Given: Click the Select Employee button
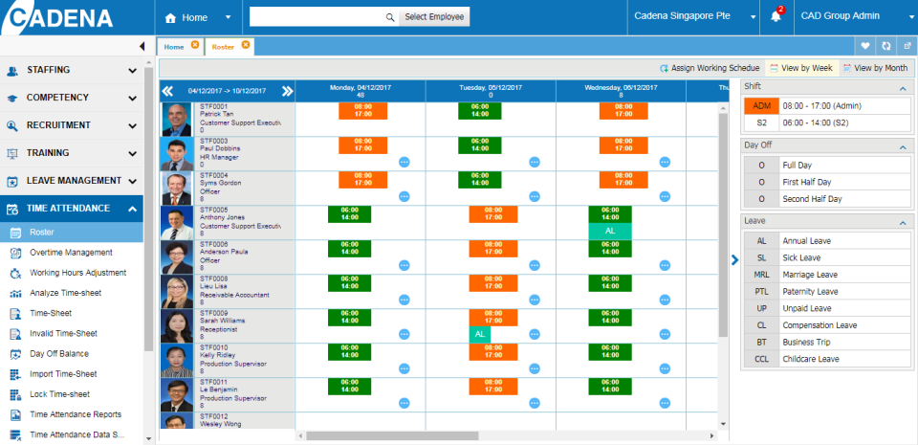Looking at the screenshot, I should click(433, 17).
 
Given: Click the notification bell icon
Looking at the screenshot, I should click(776, 17).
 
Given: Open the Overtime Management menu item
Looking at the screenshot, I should click(71, 253).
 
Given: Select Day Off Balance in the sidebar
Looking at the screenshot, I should click(59, 353).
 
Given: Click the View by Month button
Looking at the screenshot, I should click(875, 68).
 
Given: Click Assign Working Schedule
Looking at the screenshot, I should click(710, 68).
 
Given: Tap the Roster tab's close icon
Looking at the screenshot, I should click(246, 45).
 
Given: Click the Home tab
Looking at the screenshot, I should click(174, 46).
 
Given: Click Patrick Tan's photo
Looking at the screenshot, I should click(177, 119).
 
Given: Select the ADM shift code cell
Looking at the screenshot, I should click(761, 106).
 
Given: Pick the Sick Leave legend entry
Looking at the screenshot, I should click(801, 257).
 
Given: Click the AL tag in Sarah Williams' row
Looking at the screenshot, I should click(480, 333).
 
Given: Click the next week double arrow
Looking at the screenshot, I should click(287, 91).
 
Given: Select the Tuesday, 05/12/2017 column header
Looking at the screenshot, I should click(491, 90).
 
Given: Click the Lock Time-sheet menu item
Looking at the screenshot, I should click(59, 394).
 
